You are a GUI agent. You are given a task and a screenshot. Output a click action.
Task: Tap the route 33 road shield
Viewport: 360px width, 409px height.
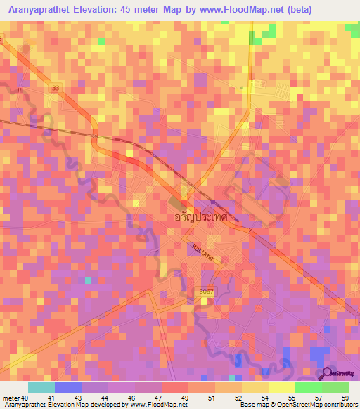click(x=56, y=88)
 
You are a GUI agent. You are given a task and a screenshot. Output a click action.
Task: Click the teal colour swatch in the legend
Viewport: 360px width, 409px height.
click(x=41, y=387)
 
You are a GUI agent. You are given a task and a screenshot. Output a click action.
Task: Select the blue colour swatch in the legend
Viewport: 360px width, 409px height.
click(x=67, y=387)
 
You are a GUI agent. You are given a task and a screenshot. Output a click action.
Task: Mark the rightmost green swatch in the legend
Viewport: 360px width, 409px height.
click(x=335, y=387)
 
